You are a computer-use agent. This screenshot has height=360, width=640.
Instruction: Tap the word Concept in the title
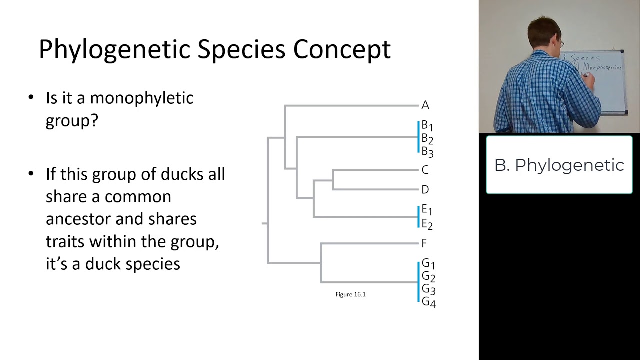[341, 50]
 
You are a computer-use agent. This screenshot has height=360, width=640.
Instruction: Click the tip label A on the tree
[425, 105]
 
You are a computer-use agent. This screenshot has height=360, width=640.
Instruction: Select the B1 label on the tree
[427, 125]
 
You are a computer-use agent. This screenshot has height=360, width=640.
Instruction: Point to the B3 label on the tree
[427, 152]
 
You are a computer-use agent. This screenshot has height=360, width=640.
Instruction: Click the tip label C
[425, 170]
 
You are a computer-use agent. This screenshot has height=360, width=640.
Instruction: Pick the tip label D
[425, 190]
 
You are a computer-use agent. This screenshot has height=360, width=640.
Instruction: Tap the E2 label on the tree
[427, 224]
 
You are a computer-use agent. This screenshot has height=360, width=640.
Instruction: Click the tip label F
[424, 243]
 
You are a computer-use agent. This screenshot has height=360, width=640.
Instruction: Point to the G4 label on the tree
[428, 302]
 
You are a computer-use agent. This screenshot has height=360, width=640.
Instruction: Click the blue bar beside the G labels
[418, 282]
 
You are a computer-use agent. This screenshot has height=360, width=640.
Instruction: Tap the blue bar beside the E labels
[418, 217]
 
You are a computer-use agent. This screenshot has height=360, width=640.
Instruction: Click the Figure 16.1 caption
[350, 294]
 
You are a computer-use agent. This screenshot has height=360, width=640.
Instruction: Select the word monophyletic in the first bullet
[141, 98]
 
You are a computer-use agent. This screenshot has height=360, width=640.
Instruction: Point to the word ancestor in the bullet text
[78, 219]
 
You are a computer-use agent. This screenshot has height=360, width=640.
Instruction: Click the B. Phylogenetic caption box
[559, 165]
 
